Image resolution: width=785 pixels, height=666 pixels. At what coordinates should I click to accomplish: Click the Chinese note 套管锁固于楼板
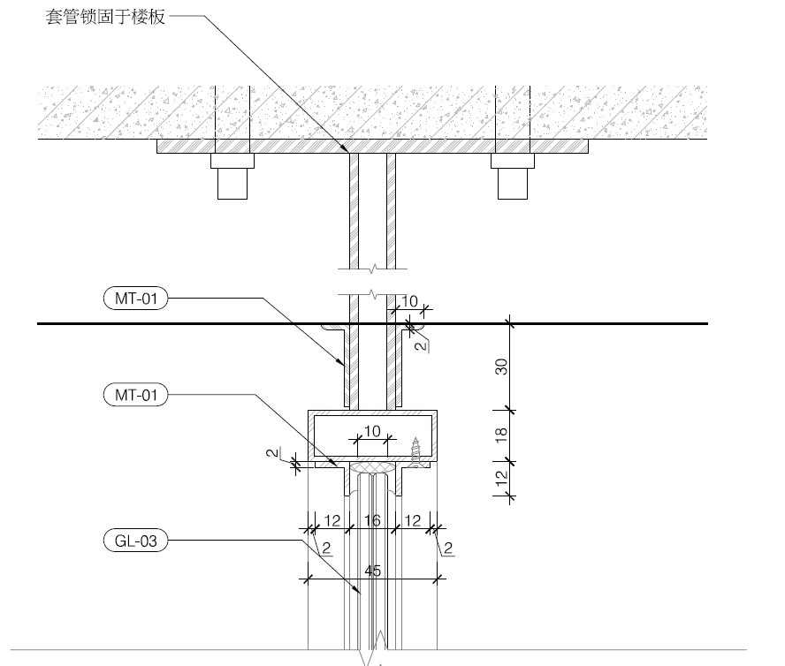[x=105, y=18]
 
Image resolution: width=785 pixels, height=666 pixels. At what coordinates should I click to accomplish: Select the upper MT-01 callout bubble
[x=135, y=299]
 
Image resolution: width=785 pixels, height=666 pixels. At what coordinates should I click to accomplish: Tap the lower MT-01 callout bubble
[x=135, y=395]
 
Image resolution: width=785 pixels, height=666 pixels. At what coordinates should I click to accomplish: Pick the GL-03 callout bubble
[x=135, y=541]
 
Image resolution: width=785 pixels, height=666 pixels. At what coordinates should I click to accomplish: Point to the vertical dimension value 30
[x=500, y=367]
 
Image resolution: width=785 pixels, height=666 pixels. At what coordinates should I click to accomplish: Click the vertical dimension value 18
[x=500, y=435]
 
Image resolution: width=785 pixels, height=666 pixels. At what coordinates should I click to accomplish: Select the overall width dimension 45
[x=372, y=571]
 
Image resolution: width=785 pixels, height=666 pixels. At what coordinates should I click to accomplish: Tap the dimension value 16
[x=372, y=521]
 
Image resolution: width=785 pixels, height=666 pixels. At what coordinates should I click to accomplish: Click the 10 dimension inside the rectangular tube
[x=371, y=430]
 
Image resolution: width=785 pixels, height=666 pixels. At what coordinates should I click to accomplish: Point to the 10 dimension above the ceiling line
[x=408, y=302]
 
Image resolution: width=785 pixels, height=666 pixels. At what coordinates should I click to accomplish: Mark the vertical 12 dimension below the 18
[x=500, y=478]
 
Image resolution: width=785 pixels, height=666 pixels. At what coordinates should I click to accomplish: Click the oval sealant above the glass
[x=372, y=466]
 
